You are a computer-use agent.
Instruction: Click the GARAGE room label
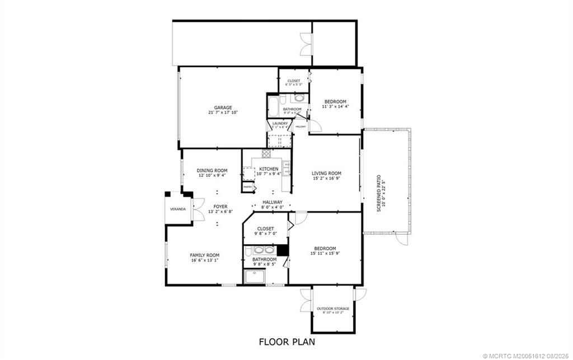pyautogui.click(x=223, y=107)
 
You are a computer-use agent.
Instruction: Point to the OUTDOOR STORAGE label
pyautogui.click(x=333, y=308)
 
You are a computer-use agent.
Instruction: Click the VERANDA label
pyautogui.click(x=179, y=209)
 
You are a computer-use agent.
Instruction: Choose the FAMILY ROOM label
pyautogui.click(x=205, y=255)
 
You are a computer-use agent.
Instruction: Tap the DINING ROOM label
pyautogui.click(x=212, y=170)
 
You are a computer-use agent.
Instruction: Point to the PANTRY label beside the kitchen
pyautogui.click(x=247, y=187)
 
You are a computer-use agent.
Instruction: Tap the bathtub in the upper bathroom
pyautogui.click(x=274, y=105)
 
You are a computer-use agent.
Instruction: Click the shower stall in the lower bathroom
pyautogui.click(x=256, y=277)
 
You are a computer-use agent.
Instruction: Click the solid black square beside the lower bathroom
pyautogui.click(x=283, y=250)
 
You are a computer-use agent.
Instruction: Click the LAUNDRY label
pyautogui.click(x=280, y=123)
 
